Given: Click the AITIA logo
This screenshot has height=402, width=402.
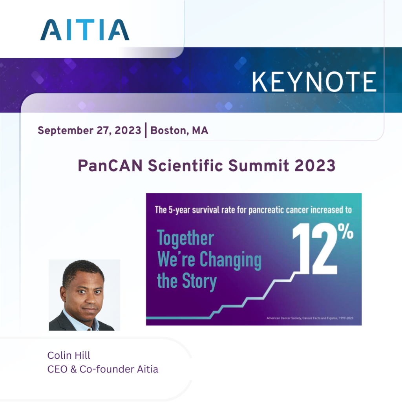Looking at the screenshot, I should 84,30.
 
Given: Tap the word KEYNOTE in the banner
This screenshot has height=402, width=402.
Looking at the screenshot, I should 314,82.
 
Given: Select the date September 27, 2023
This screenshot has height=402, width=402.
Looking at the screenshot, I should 89,131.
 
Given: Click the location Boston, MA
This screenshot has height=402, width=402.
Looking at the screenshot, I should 179,131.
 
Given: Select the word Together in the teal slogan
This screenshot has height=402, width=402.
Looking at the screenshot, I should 185,239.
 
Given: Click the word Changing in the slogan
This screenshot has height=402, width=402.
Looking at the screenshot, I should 230,260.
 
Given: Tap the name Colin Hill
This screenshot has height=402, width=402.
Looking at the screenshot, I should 69,355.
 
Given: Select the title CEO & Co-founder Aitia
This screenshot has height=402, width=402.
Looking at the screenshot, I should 102,369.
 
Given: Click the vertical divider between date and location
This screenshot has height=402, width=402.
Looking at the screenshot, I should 146,131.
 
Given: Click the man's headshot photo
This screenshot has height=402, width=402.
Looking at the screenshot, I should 84,294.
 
